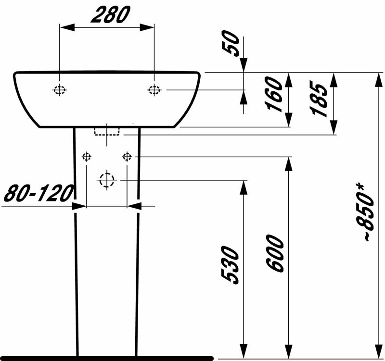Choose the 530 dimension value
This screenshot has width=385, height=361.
[x=229, y=266]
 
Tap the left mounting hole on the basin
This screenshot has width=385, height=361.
[x=59, y=90]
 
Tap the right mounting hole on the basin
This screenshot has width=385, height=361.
[x=154, y=90]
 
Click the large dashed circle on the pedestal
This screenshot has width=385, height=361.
[x=106, y=180]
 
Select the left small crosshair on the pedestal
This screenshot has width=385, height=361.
[x=86, y=156]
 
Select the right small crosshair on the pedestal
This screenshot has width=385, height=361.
[x=127, y=156]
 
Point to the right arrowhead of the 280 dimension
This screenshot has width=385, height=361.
[x=149, y=27]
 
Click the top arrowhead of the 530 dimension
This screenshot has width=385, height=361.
[x=244, y=187]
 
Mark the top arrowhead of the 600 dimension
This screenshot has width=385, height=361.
[x=289, y=164]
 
